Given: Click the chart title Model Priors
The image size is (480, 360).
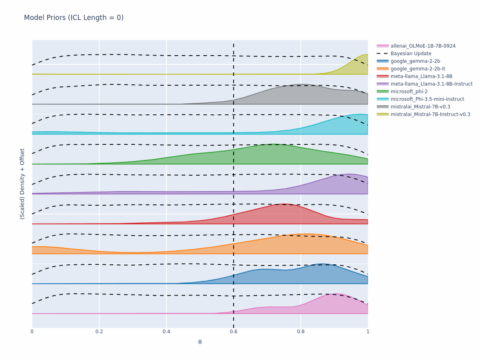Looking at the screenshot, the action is (45, 18).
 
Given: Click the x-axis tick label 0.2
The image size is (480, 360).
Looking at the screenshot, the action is (99, 332).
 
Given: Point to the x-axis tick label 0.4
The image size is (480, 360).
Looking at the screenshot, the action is (166, 332).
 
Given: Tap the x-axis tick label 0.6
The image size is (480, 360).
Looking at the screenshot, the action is (234, 332).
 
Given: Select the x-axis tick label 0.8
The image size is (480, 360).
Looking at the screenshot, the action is (301, 332).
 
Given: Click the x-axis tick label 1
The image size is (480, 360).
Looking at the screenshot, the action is (368, 332).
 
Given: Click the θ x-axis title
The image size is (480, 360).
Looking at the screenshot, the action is (200, 342).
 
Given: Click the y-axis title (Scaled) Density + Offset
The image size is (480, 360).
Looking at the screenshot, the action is (22, 184).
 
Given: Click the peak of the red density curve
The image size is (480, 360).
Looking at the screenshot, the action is (284, 204).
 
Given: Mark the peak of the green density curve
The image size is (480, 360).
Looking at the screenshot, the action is (273, 144).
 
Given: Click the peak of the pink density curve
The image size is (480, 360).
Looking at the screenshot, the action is (336, 294).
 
